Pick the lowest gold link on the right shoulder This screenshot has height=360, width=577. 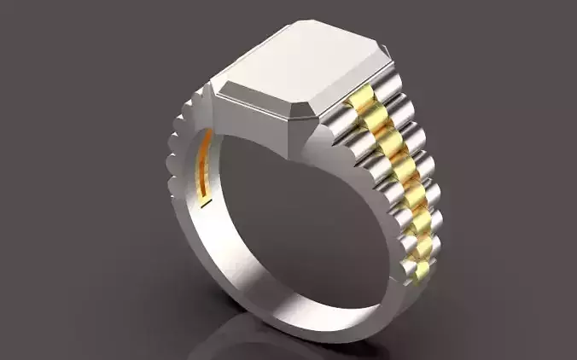coord(421,273)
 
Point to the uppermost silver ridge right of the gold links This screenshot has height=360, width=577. coord(388,85)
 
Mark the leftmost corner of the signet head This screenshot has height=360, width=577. coord(211,87)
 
